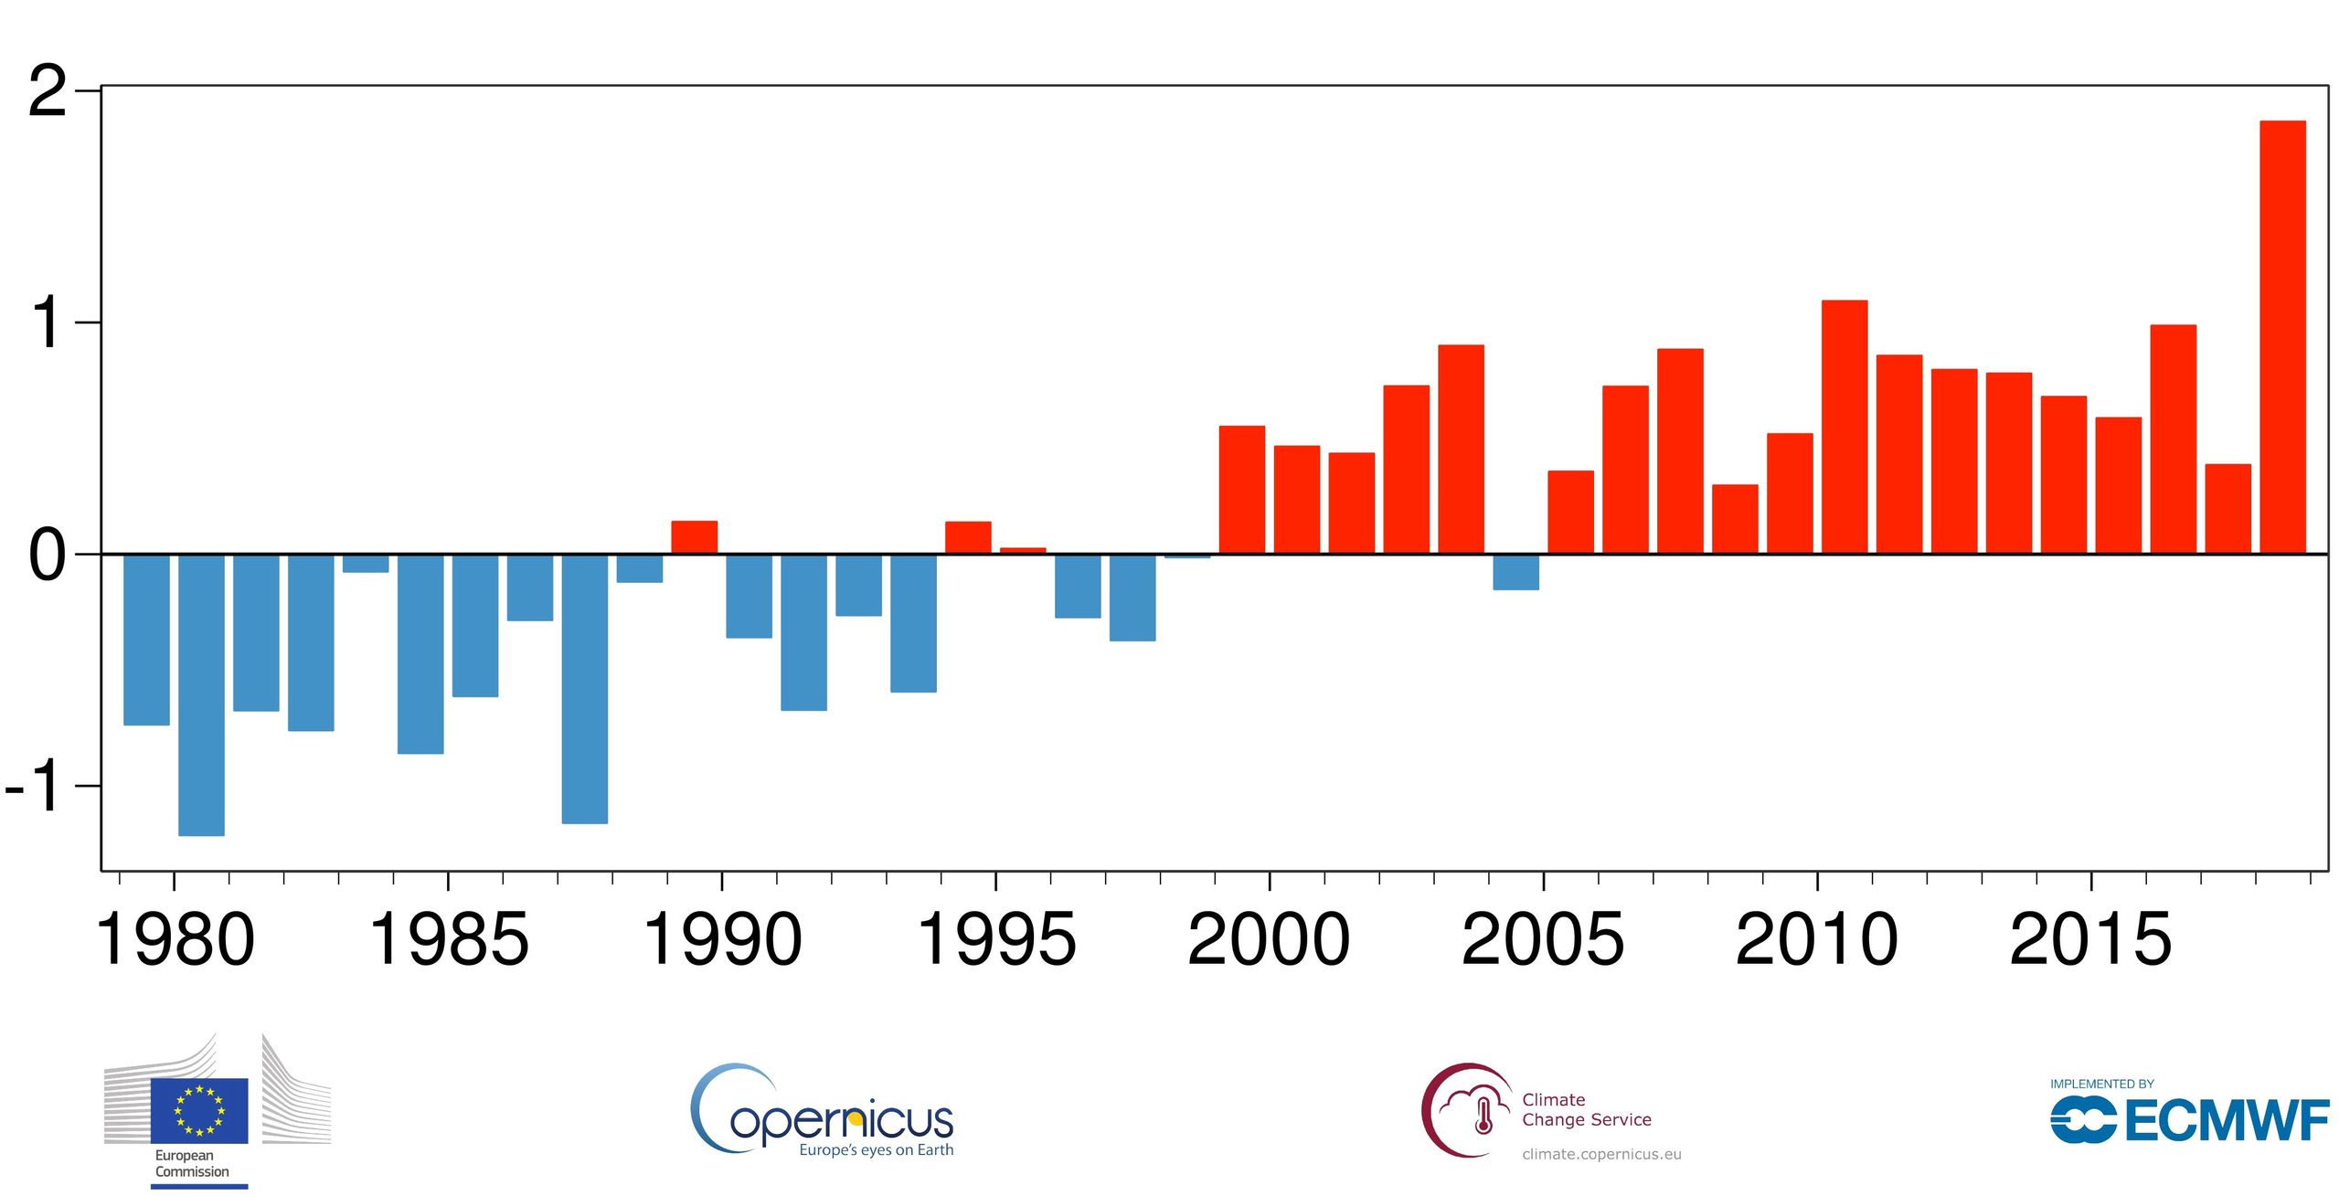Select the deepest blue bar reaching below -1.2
coord(201,694)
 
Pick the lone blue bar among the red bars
coord(1515,572)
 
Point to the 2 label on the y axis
coord(48,92)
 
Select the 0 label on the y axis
coord(48,556)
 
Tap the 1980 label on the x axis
coord(175,939)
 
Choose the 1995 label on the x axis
coord(995,939)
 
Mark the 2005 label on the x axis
coord(1543,939)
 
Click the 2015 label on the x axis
coord(2090,939)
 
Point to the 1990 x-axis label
coord(722,939)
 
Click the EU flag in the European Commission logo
coord(199,1110)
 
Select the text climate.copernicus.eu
coord(1601,1154)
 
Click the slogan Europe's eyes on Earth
coord(876,1149)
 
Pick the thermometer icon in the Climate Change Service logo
coord(1483,1116)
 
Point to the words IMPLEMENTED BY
coord(2102,1084)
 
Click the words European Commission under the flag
coord(191,1163)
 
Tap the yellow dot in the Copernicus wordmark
coord(855,1118)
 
